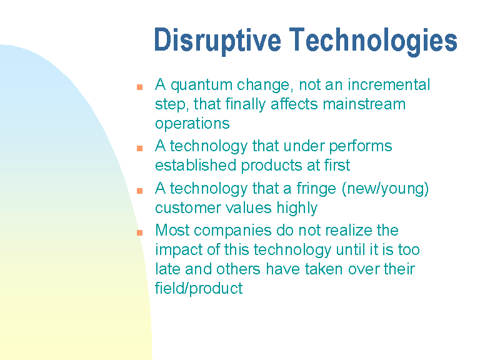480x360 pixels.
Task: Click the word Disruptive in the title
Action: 217,41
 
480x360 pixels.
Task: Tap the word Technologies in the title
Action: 373,41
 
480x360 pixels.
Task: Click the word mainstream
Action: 364,104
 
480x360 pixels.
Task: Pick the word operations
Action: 192,124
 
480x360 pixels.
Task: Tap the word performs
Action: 361,146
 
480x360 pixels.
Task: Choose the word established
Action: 196,165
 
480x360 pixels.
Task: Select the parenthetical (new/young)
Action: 385,189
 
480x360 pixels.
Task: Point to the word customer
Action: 188,208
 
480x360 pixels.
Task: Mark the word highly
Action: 297,208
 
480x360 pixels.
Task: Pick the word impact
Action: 179,250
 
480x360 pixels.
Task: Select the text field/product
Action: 199,288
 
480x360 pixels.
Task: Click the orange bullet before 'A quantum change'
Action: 139,87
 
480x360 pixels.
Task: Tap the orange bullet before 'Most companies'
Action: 139,232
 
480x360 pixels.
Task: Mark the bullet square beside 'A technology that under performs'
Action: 139,149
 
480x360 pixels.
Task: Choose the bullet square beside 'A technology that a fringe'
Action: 139,191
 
